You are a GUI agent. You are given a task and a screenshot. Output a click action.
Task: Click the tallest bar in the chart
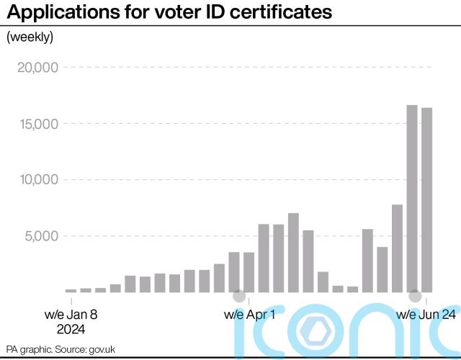412,198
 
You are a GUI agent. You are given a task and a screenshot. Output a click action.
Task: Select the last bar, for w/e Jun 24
426,200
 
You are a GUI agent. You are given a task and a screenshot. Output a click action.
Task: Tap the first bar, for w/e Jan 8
71,291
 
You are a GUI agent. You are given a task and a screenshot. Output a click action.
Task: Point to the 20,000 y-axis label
37,68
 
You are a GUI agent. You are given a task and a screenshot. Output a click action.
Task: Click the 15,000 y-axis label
37,124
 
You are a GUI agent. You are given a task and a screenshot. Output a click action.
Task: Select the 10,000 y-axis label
37,180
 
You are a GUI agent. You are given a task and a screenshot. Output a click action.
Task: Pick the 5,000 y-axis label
42,236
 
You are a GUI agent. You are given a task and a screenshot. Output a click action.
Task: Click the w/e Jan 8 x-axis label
71,315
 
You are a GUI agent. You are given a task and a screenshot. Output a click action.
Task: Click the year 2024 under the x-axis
71,330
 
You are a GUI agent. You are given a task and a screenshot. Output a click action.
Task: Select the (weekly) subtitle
30,37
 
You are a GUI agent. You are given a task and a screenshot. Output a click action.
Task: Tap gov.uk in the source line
102,348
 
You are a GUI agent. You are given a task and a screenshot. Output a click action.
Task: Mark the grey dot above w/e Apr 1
239,295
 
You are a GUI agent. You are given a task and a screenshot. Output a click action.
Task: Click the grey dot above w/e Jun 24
415,295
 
